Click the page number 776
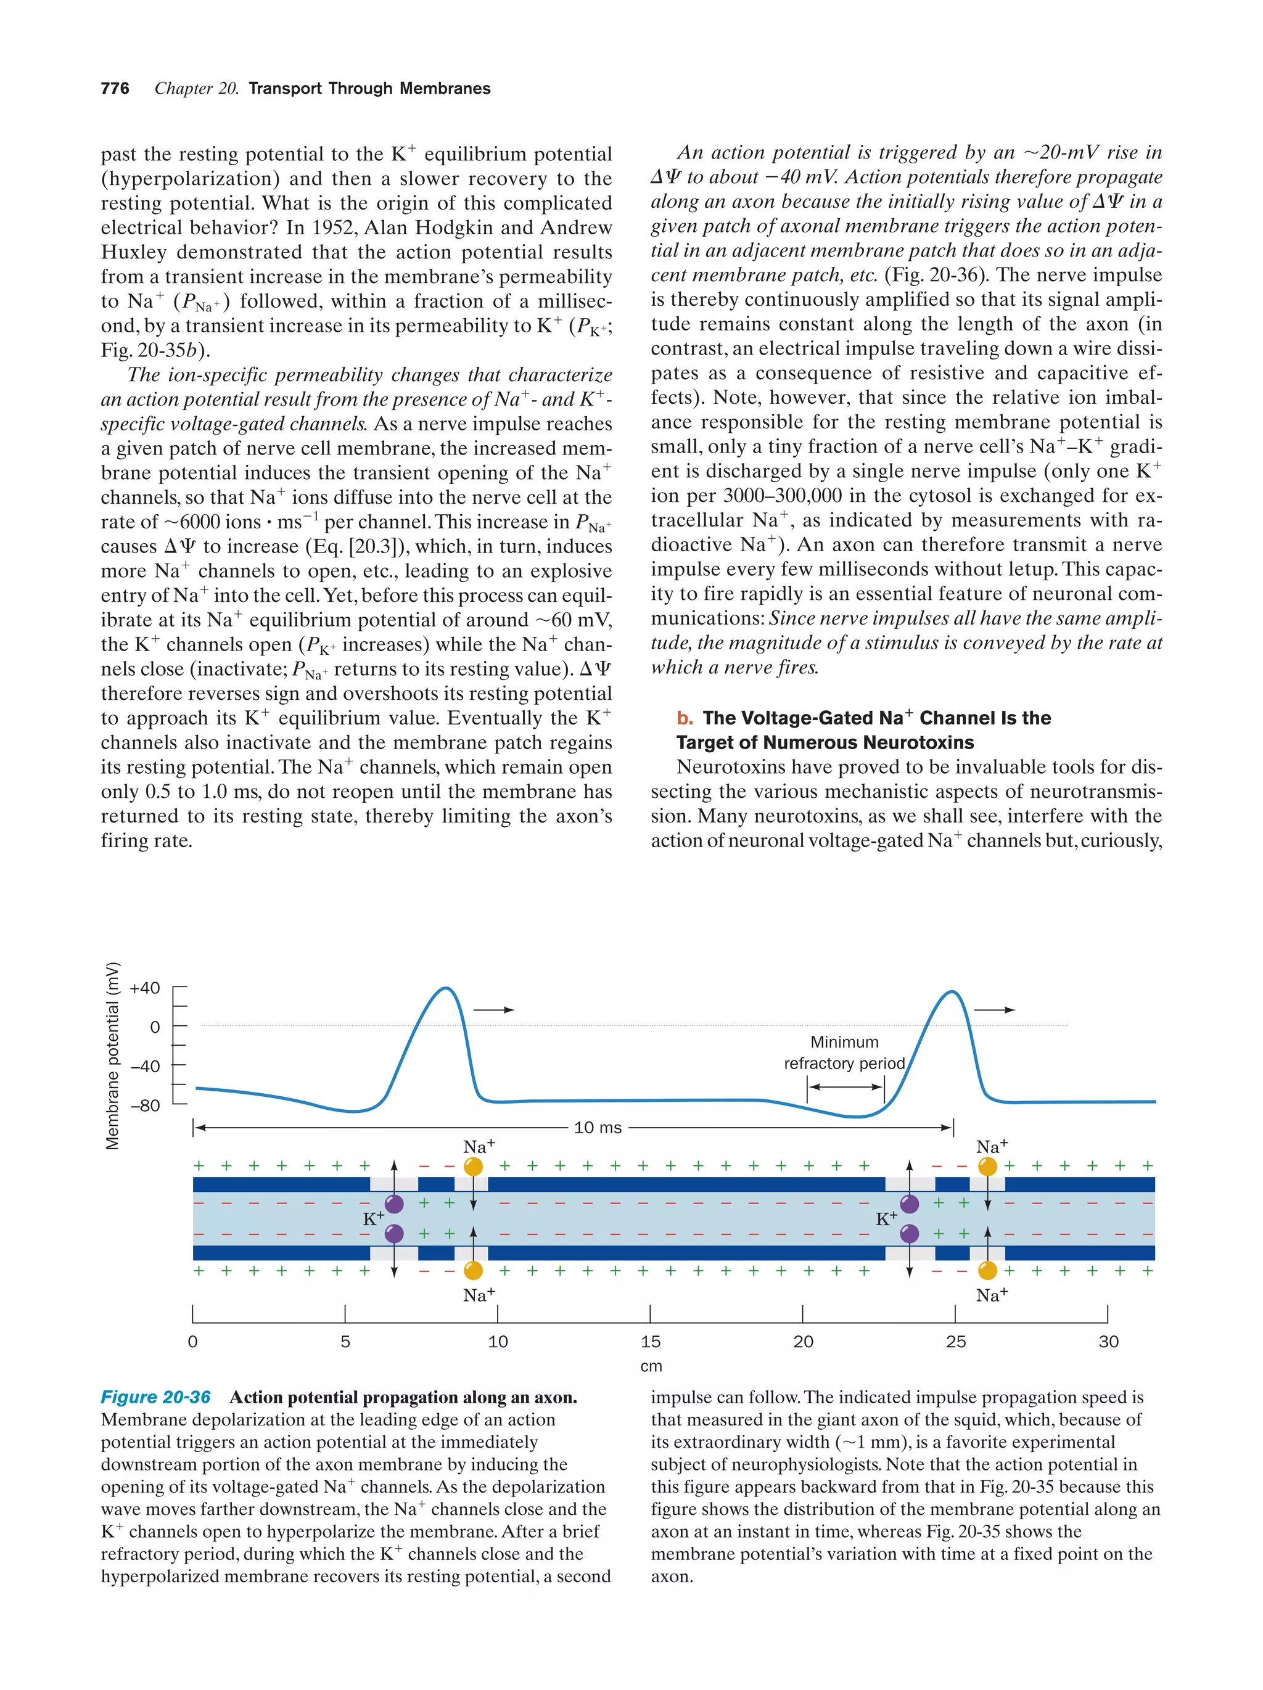tap(115, 89)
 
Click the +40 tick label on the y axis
tap(145, 988)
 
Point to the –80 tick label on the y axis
tap(145, 1105)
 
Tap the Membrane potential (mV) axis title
tap(113, 1055)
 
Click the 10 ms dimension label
tap(598, 1128)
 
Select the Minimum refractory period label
tap(844, 1053)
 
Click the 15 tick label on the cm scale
tap(650, 1342)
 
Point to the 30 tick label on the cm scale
tap(1108, 1342)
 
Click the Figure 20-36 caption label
tap(155, 1397)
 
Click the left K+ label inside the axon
tap(373, 1218)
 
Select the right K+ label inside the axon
tap(886, 1218)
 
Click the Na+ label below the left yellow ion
tap(479, 1295)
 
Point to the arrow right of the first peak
tap(493, 1010)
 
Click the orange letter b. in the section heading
tap(685, 718)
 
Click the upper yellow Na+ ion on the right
tap(987, 1167)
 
